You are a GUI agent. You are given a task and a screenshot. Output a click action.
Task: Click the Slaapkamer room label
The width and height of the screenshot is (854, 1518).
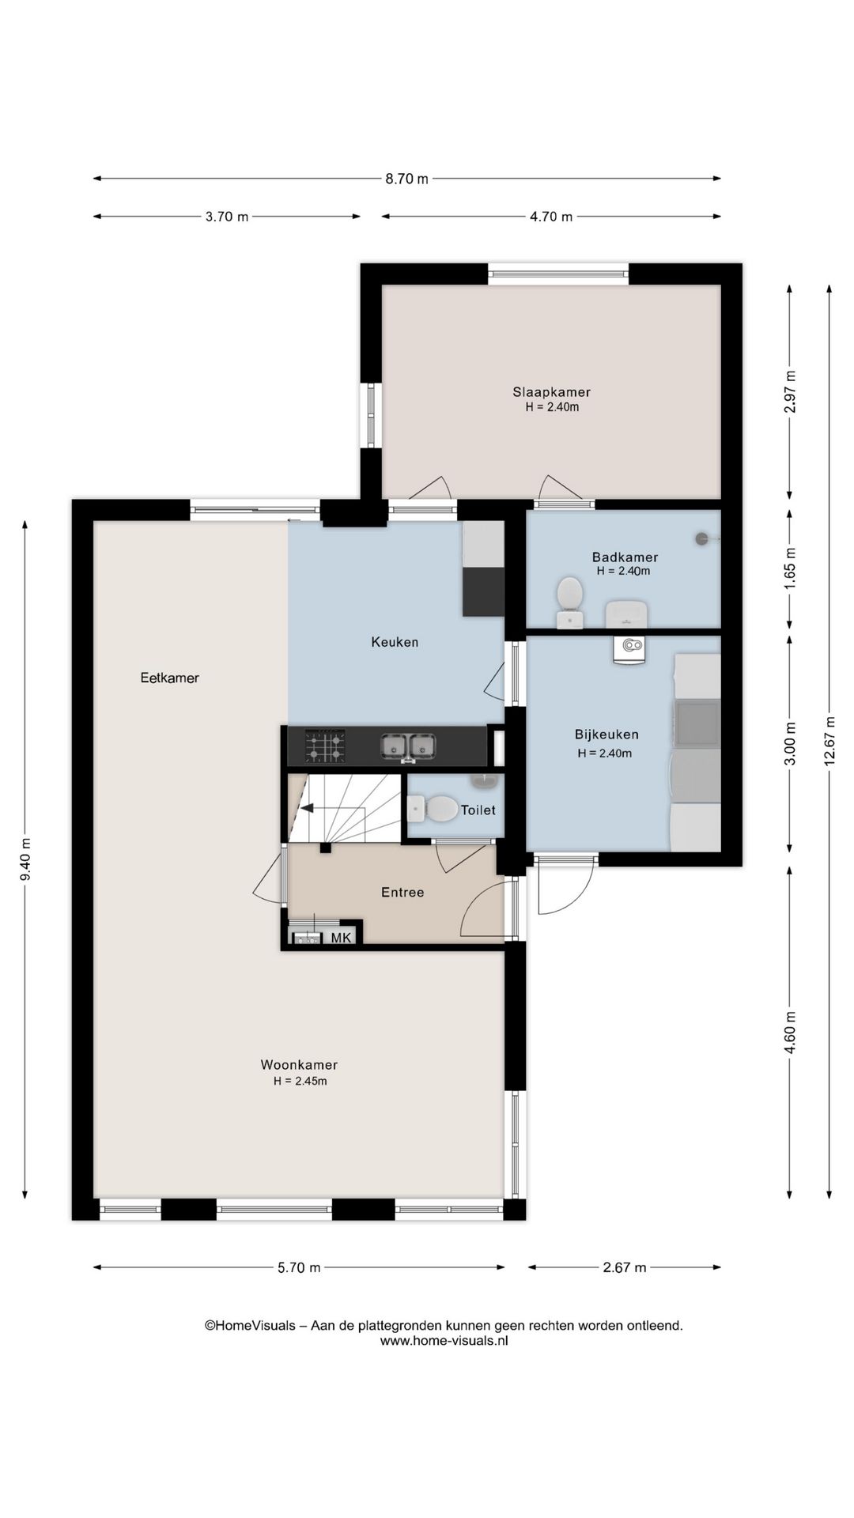[551, 392]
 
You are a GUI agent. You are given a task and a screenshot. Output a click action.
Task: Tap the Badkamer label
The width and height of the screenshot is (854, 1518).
[625, 557]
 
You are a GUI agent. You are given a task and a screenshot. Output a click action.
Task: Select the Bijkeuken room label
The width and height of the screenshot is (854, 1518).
[606, 734]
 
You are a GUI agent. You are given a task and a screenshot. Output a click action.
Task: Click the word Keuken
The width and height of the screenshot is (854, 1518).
[395, 642]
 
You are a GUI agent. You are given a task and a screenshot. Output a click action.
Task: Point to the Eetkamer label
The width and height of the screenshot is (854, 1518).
[170, 678]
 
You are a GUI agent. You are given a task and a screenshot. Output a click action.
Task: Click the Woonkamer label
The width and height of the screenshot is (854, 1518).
[299, 1065]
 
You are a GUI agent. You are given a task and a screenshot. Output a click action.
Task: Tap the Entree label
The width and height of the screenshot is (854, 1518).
[402, 892]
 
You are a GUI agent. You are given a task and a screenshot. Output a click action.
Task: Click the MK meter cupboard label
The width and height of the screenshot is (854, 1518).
[341, 938]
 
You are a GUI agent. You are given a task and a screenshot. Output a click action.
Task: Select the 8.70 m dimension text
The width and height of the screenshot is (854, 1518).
[406, 179]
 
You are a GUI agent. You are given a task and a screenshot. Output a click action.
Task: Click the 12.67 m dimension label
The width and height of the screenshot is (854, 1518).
[829, 741]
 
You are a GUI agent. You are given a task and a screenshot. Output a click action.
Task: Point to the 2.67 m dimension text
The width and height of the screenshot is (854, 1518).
[624, 1267]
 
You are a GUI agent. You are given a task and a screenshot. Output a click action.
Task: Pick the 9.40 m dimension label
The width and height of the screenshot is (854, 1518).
[25, 859]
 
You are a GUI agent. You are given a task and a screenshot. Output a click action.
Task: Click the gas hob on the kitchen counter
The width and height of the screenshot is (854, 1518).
[325, 746]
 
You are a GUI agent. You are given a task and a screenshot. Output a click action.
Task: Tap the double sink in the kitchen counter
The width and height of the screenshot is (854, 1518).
[408, 746]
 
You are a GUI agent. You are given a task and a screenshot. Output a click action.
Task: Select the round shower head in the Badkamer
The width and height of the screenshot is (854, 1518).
[701, 538]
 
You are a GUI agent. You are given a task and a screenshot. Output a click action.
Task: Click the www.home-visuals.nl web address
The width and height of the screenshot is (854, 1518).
[444, 1340]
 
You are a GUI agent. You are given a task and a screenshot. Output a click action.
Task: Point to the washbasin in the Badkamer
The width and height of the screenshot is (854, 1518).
[627, 614]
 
